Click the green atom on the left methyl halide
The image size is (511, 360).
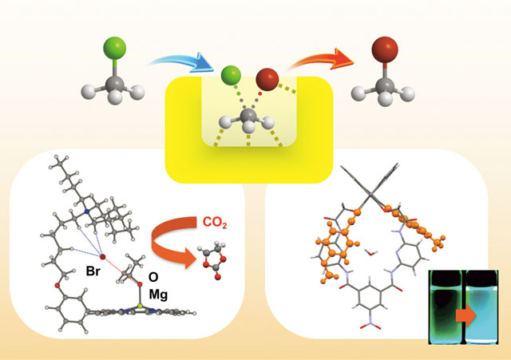point(115,48)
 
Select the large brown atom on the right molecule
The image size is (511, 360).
point(385,49)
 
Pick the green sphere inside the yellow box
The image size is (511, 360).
point(231,75)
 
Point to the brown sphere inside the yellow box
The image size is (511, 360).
point(267,79)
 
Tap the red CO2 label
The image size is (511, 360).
point(215,223)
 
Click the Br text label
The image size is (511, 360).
point(93,271)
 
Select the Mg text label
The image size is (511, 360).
point(158,295)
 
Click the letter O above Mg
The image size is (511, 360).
point(153,277)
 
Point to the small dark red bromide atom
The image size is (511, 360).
point(103,257)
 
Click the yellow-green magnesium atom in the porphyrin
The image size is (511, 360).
point(140,306)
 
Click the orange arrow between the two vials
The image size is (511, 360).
point(466,315)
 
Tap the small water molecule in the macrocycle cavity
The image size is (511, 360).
point(371,252)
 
